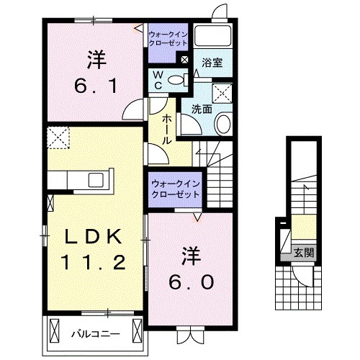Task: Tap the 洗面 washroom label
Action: click(201, 109)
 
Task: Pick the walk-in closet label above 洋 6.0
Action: click(176, 189)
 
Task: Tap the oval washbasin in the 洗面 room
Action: click(222, 124)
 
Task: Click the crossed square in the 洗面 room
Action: click(223, 91)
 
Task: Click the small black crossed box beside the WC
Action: click(186, 60)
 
